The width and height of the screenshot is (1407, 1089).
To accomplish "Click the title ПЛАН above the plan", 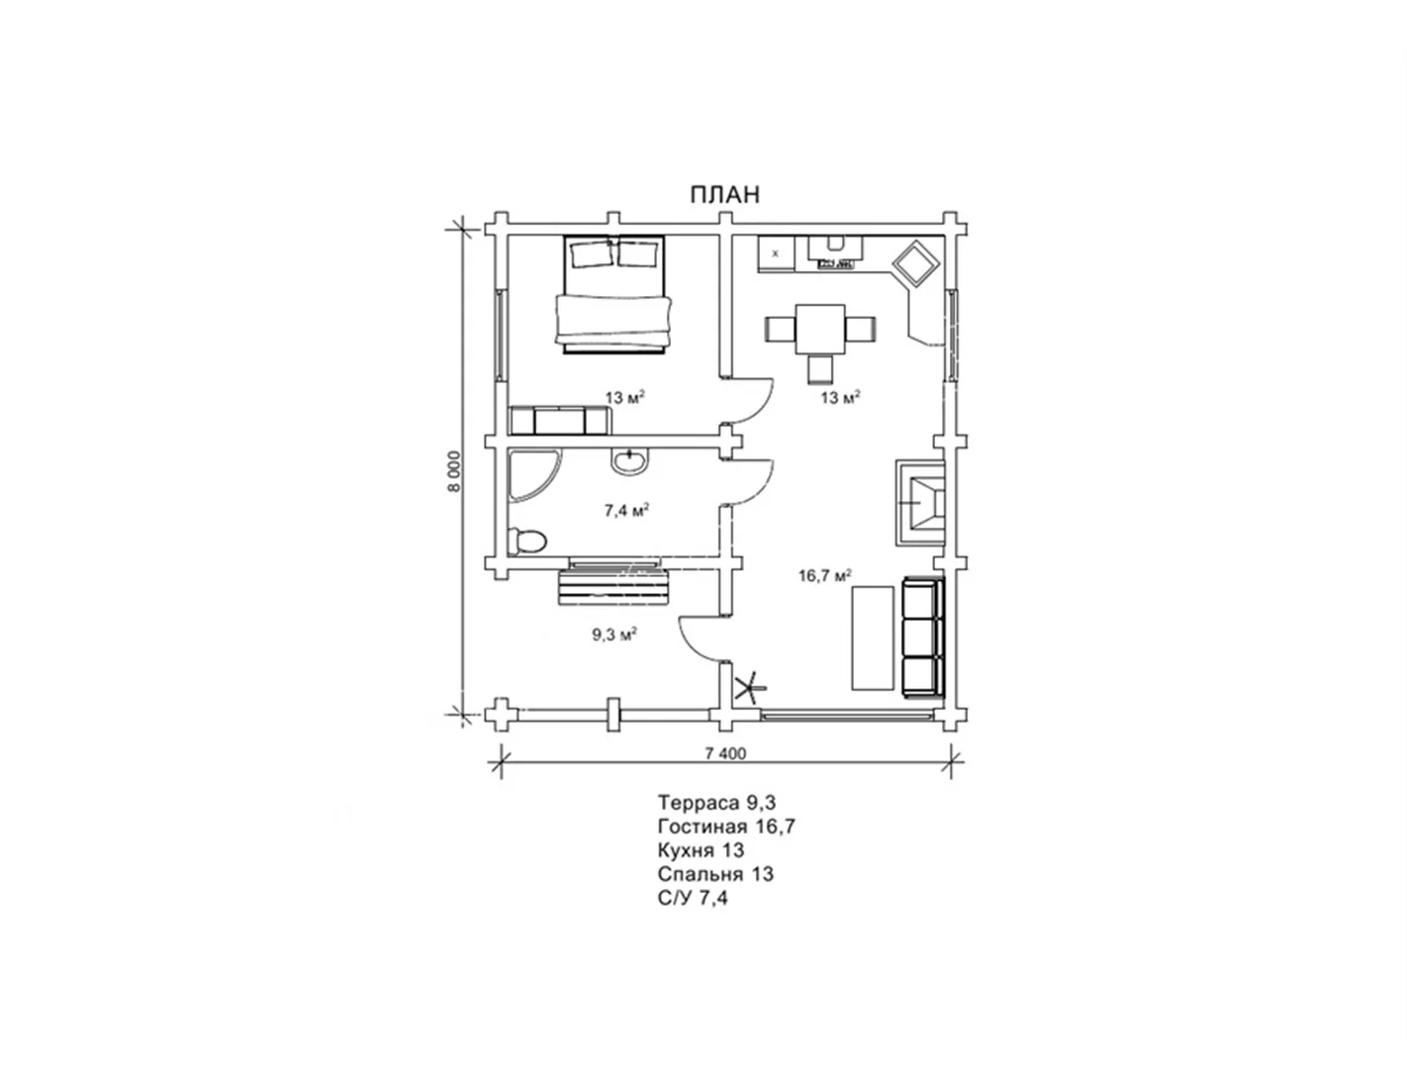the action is (x=724, y=195).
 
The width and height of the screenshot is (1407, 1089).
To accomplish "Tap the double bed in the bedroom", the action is (x=613, y=295).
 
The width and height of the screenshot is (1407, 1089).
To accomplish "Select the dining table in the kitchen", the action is (x=820, y=329).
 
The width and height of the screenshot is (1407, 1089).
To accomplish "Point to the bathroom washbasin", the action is (x=628, y=462).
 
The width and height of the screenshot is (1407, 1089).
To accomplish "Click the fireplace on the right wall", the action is (x=920, y=503).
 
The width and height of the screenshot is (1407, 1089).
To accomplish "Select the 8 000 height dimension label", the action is (x=455, y=471).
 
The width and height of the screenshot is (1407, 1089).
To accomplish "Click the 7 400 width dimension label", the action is (x=725, y=753).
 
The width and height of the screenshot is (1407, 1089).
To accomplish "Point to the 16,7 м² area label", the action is (x=824, y=575).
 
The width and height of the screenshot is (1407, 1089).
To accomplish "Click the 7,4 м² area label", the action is (x=626, y=511).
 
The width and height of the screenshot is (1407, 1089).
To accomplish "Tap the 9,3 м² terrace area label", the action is (x=614, y=635).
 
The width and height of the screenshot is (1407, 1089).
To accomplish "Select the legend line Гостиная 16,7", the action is (x=726, y=827).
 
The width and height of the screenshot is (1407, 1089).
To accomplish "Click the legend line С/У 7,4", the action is (x=693, y=898).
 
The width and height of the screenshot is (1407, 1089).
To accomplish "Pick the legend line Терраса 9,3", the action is (x=716, y=803).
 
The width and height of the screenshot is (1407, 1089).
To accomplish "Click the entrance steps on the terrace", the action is (x=612, y=584).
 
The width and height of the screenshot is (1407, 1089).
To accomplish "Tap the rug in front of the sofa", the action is (x=872, y=639).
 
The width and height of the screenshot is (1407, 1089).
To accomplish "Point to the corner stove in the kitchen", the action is (x=915, y=263).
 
